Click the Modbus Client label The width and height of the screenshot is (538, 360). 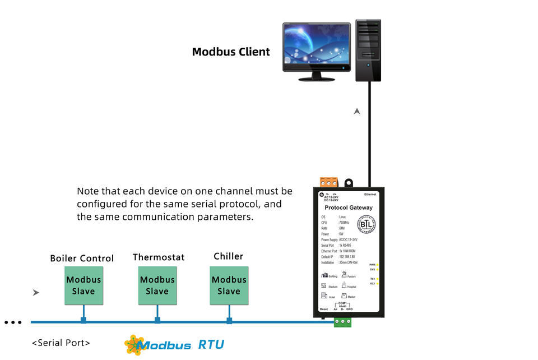pyautogui.click(x=231, y=52)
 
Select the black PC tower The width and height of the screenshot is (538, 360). pyautogui.click(x=368, y=50)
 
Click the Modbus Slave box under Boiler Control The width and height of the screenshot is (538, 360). pyautogui.click(x=84, y=285)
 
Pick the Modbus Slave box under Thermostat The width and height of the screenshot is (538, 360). pyautogui.click(x=157, y=285)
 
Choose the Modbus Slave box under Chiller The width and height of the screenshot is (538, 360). pyautogui.click(x=229, y=285)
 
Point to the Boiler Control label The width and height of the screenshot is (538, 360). pyautogui.click(x=82, y=259)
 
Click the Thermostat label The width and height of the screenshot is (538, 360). pyautogui.click(x=159, y=257)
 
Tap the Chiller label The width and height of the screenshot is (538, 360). pyautogui.click(x=229, y=256)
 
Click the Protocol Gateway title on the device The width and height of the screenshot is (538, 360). pyautogui.click(x=349, y=207)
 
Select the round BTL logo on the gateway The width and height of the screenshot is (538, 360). pyautogui.click(x=367, y=224)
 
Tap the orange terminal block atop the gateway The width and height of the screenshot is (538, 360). pyautogui.click(x=329, y=182)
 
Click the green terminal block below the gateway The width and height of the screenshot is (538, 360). pyautogui.click(x=342, y=322)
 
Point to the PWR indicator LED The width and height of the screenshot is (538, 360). pyautogui.click(x=377, y=265)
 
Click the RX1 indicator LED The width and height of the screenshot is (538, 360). pyautogui.click(x=377, y=284)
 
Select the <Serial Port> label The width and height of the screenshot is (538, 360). pyautogui.click(x=61, y=343)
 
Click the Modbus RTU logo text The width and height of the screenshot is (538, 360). pyautogui.click(x=182, y=344)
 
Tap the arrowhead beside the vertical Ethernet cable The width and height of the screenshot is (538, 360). pyautogui.click(x=357, y=112)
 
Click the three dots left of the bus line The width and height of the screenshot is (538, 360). pyautogui.click(x=13, y=322)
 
